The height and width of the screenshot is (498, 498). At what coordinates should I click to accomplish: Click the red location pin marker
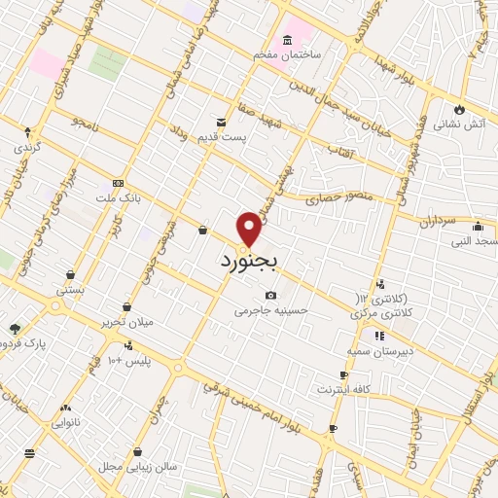click(250, 229)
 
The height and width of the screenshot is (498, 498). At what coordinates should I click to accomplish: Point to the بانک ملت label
click(123, 197)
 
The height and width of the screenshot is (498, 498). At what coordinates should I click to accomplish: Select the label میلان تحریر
click(127, 322)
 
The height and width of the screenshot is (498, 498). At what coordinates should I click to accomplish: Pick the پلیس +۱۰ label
click(128, 362)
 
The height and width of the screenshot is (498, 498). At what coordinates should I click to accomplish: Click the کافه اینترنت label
click(342, 389)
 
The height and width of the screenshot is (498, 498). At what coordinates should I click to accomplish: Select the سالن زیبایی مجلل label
click(137, 467)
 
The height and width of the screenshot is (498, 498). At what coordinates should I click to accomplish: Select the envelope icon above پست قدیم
click(221, 123)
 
